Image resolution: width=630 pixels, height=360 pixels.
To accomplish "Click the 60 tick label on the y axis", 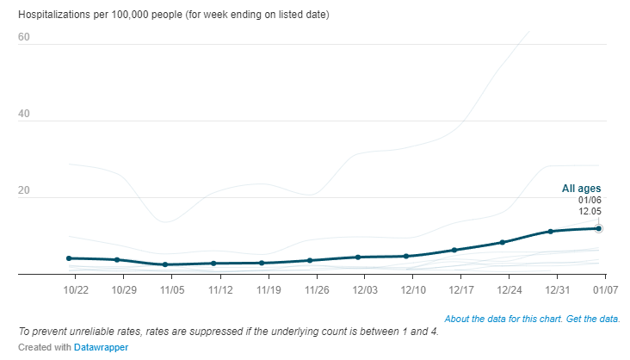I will pyautogui.click(x=23, y=37).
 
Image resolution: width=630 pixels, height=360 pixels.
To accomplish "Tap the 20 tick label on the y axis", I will pyautogui.click(x=23, y=190).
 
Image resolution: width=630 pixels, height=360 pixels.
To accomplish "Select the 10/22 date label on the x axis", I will pyautogui.click(x=77, y=287).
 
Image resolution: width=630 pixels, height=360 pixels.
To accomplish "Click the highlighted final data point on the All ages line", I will pyautogui.click(x=598, y=228).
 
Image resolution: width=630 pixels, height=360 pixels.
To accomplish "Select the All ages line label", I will pyautogui.click(x=582, y=189).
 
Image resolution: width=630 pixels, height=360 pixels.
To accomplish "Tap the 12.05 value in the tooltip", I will pyautogui.click(x=589, y=211).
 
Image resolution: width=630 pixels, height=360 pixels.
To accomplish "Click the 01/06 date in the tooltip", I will pyautogui.click(x=589, y=200).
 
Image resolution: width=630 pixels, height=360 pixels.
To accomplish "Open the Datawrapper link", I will pyautogui.click(x=108, y=347).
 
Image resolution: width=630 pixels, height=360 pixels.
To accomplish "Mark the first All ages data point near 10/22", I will pyautogui.click(x=69, y=258).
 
